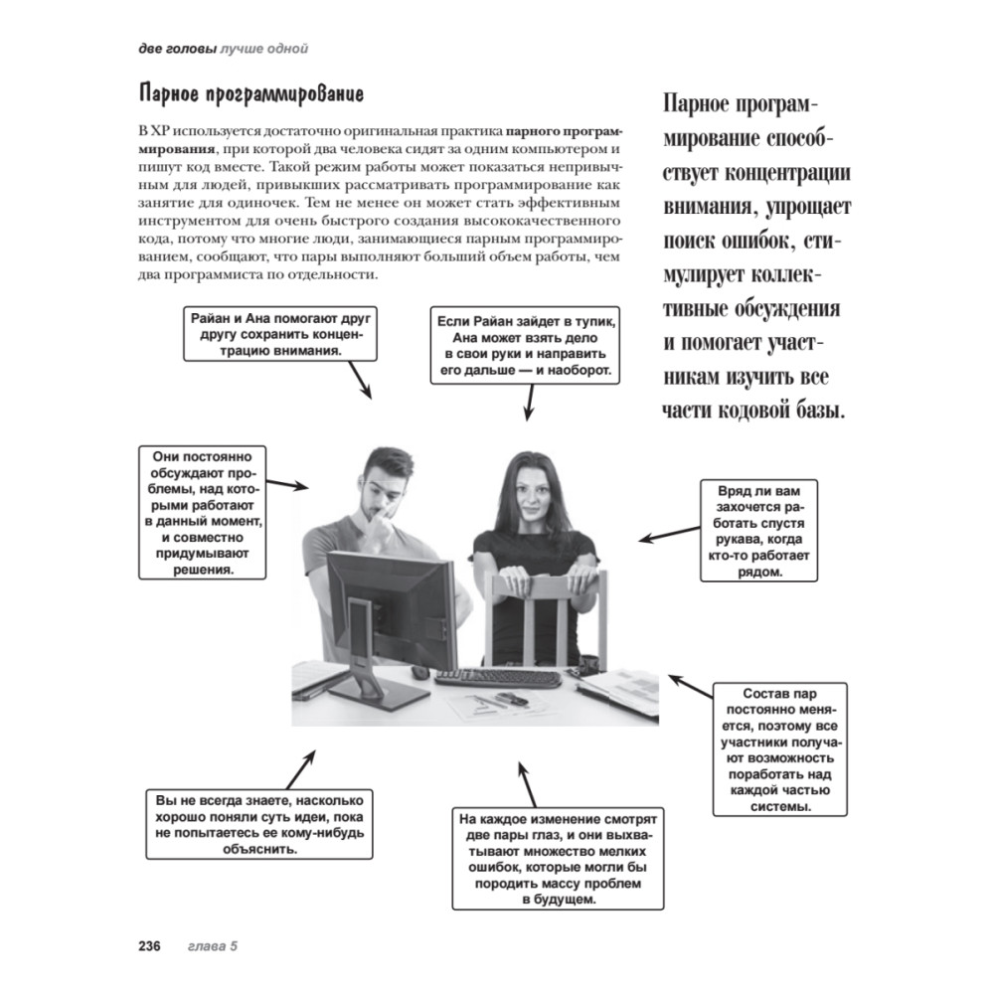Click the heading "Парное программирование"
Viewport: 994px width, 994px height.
(x=251, y=95)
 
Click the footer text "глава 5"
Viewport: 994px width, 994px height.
(x=213, y=946)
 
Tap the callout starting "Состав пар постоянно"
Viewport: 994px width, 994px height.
(x=780, y=748)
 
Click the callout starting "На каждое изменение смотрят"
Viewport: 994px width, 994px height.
(x=557, y=859)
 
